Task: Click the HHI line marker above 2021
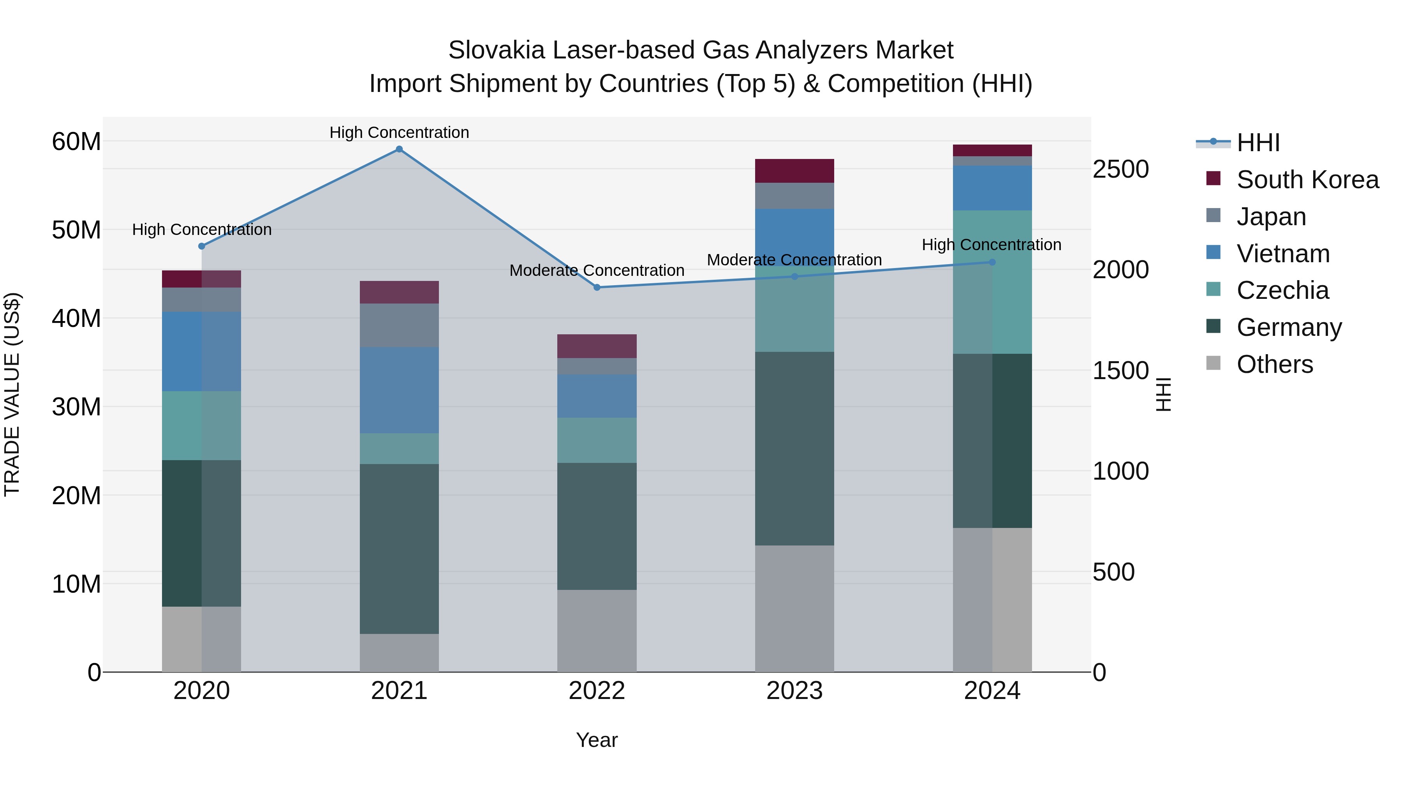pyautogui.click(x=399, y=149)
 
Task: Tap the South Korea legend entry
pyautogui.click(x=1307, y=180)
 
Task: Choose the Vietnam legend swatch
pyautogui.click(x=1213, y=252)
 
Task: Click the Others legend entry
pyautogui.click(x=1274, y=364)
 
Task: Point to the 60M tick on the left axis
pyautogui.click(x=76, y=141)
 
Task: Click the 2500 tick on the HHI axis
pyautogui.click(x=1120, y=169)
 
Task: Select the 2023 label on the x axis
pyautogui.click(x=794, y=691)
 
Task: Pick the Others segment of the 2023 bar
pyautogui.click(x=794, y=608)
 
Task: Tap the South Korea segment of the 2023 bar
pyautogui.click(x=794, y=171)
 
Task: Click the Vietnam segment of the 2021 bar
pyautogui.click(x=399, y=390)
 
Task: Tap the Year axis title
pyautogui.click(x=597, y=740)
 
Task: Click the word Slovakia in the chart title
pyautogui.click(x=496, y=50)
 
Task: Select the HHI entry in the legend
pyautogui.click(x=1257, y=143)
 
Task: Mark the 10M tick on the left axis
pyautogui.click(x=76, y=584)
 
